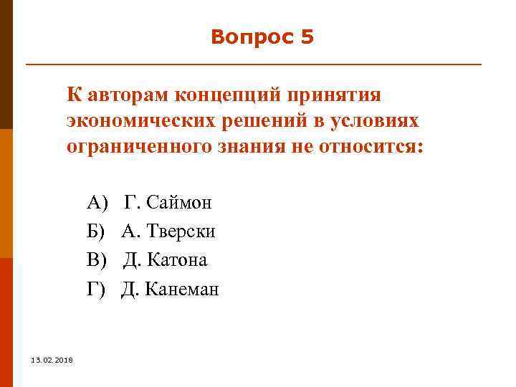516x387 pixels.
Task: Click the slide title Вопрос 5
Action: (x=262, y=37)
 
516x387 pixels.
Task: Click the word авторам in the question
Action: (x=125, y=95)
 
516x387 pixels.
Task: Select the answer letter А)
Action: (x=97, y=202)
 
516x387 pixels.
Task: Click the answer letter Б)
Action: (x=96, y=231)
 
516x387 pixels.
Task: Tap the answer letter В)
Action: (x=96, y=259)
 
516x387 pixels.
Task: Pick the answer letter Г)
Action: (x=96, y=289)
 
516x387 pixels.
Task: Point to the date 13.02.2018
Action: (x=46, y=359)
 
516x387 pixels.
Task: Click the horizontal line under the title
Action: (x=254, y=65)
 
